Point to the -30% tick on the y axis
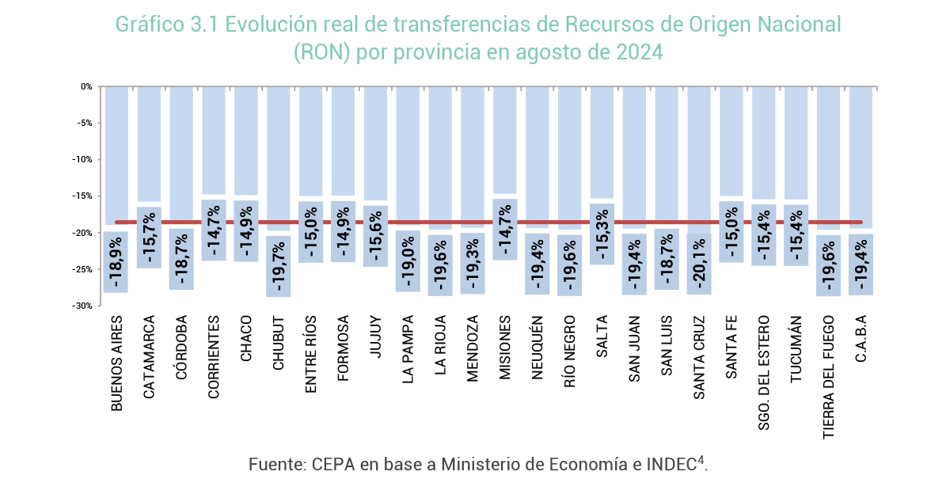tap(83, 306)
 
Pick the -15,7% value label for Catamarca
tap(150, 238)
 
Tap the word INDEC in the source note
tap(671, 463)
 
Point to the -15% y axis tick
tap(83, 196)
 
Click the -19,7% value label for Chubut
tap(279, 266)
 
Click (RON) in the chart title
tap(321, 52)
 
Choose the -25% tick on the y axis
tap(83, 269)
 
